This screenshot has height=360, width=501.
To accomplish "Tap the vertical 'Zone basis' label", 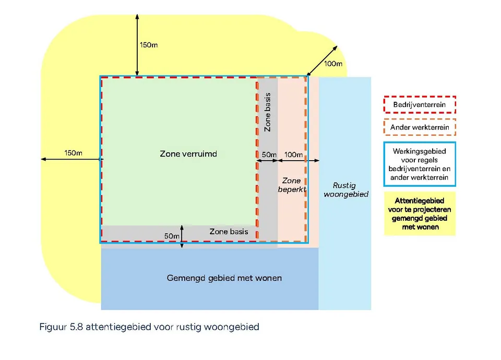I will [x=268, y=112].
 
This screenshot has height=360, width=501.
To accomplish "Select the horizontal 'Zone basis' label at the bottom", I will [x=229, y=231].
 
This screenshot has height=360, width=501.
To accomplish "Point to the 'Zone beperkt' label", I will [x=291, y=185].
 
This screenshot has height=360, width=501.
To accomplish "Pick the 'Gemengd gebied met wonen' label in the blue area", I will [x=224, y=278].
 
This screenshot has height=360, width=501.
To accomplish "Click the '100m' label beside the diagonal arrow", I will [x=333, y=64].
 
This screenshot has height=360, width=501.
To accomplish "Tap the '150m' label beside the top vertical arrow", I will [x=149, y=45].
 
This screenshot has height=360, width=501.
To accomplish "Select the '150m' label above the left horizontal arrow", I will [x=73, y=153].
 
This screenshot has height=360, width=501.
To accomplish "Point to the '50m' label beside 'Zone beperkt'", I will [x=269, y=155].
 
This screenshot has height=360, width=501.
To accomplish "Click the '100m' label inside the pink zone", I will [x=293, y=155].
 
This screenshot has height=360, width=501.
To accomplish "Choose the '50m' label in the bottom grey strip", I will [x=172, y=236].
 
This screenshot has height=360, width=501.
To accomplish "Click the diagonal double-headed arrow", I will [x=322, y=61].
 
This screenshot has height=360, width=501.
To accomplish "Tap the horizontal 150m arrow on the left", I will [x=70, y=159].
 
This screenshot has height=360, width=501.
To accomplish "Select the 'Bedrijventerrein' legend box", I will [x=420, y=105].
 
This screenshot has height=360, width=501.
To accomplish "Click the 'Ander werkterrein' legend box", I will [x=420, y=127].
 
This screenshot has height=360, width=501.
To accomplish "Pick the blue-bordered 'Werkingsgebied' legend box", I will [x=420, y=164].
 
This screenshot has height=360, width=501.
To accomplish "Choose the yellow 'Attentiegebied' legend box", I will [x=420, y=213].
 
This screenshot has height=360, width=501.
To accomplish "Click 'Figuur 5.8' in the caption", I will [x=59, y=327].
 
